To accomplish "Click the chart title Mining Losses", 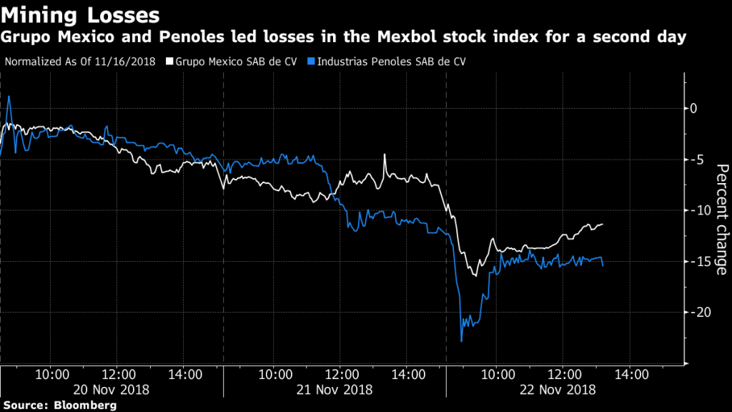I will pyautogui.click(x=80, y=14).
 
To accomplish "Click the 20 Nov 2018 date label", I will pyautogui.click(x=111, y=390).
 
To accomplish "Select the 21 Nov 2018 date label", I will pyautogui.click(x=335, y=390).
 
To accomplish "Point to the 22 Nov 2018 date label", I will pyautogui.click(x=558, y=390).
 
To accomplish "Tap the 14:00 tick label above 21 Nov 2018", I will pyautogui.click(x=409, y=374).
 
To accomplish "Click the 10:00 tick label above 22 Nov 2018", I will pyautogui.click(x=498, y=374).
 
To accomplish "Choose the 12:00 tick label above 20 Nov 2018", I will pyautogui.click(x=119, y=374).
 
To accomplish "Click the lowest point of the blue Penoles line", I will pyautogui.click(x=461, y=341).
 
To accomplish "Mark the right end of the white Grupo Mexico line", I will pyautogui.click(x=603, y=224).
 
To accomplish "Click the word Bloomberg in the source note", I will pyautogui.click(x=84, y=406).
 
